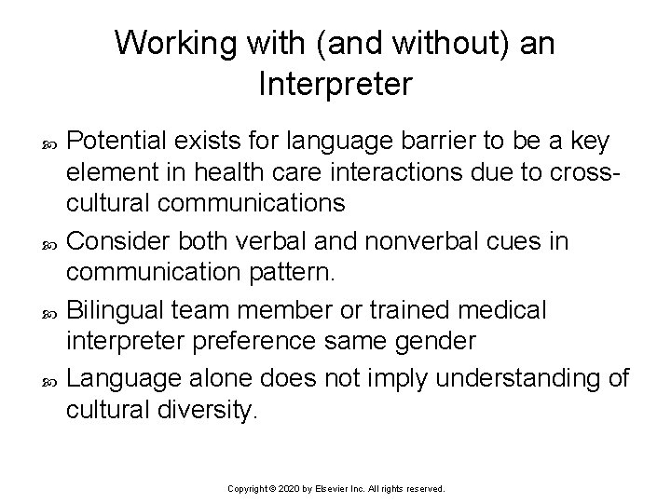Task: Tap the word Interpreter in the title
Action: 335,86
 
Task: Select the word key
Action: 589,143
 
